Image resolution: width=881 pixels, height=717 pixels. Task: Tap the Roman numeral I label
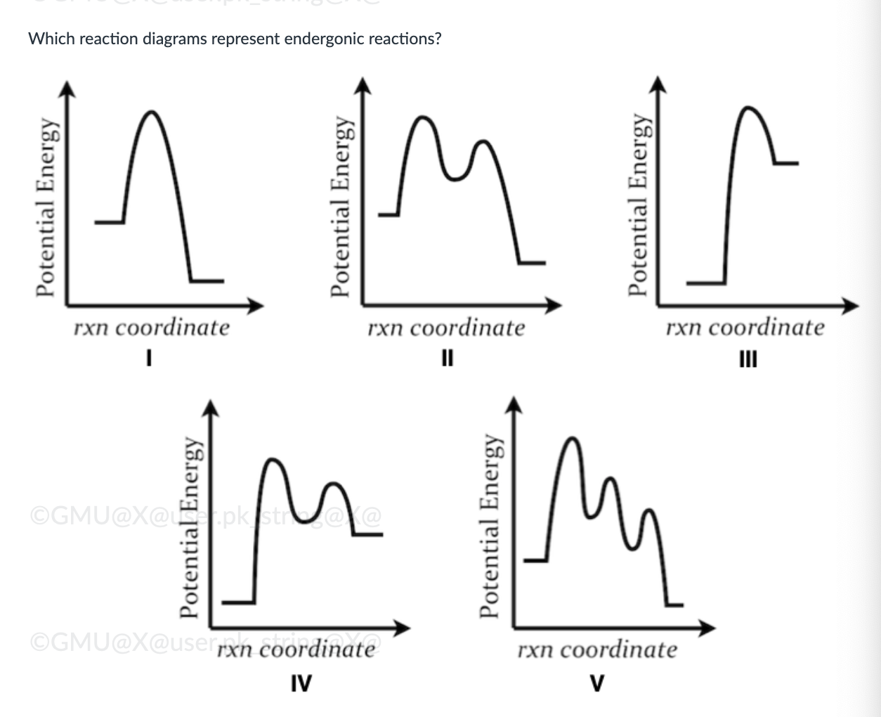click(x=149, y=359)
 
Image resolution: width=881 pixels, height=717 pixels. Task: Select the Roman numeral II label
click(x=447, y=359)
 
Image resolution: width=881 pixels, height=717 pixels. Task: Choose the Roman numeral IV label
click(x=301, y=682)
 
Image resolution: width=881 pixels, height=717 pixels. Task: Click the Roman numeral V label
click(x=597, y=682)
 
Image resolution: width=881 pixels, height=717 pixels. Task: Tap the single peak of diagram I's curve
click(x=151, y=112)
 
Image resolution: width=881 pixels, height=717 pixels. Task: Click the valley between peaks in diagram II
click(x=455, y=179)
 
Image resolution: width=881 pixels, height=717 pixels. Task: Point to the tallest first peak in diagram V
click(x=573, y=439)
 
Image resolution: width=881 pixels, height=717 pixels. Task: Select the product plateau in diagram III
click(x=786, y=163)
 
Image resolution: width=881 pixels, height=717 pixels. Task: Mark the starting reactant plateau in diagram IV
click(x=238, y=602)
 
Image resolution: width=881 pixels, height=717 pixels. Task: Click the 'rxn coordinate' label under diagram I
click(x=152, y=328)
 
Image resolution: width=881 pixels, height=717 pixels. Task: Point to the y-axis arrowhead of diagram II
click(x=362, y=84)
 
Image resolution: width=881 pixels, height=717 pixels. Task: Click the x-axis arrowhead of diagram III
click(x=851, y=306)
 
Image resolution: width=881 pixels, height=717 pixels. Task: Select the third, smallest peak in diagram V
click(x=650, y=511)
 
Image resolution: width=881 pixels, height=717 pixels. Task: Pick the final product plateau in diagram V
click(x=674, y=604)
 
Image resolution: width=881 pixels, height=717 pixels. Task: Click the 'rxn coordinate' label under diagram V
click(x=597, y=650)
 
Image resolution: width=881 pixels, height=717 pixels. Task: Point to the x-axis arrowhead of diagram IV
click(x=403, y=628)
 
